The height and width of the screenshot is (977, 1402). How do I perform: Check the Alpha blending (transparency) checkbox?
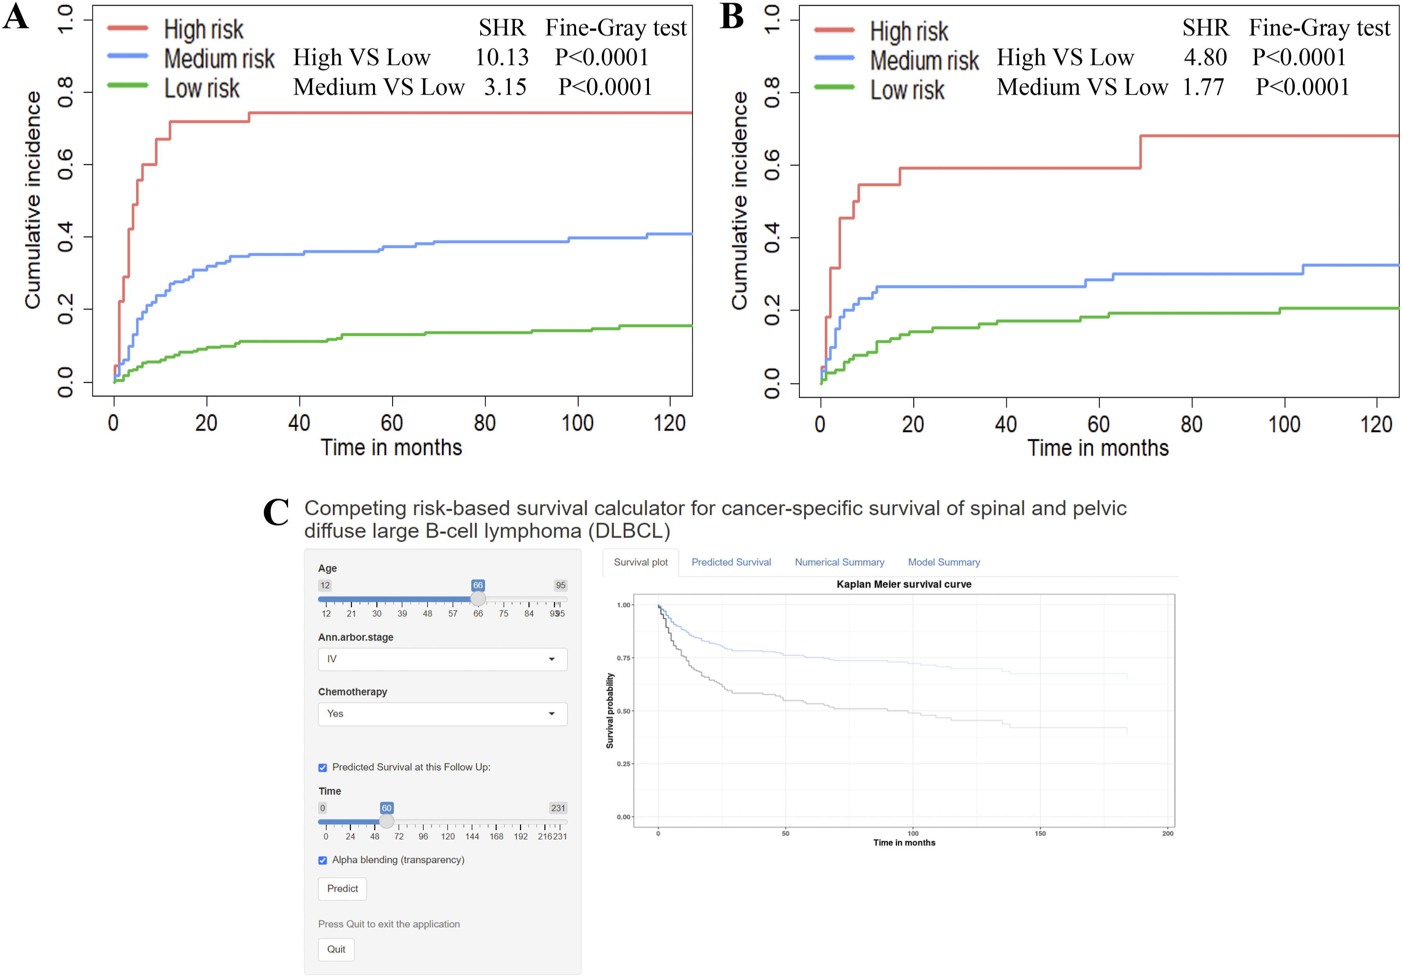(x=322, y=860)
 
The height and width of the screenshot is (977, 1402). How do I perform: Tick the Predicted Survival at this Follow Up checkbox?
(x=322, y=768)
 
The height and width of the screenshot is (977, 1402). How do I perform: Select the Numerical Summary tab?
(x=839, y=563)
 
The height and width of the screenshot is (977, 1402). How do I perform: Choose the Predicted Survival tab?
(x=731, y=563)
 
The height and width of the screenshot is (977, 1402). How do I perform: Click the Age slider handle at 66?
(x=478, y=599)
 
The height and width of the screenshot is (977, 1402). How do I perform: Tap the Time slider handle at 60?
(x=387, y=821)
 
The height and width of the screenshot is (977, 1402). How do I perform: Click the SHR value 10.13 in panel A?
(x=502, y=57)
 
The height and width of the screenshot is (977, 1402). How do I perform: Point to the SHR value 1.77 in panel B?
(x=1204, y=87)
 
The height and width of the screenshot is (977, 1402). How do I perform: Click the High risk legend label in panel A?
(x=204, y=29)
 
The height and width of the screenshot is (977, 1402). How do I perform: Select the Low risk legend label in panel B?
(x=907, y=90)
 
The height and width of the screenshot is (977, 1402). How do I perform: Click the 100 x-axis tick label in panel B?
(x=1284, y=425)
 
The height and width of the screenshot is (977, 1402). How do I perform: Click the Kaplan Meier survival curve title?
(x=904, y=584)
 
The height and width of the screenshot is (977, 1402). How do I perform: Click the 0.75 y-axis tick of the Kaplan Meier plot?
(x=624, y=658)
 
